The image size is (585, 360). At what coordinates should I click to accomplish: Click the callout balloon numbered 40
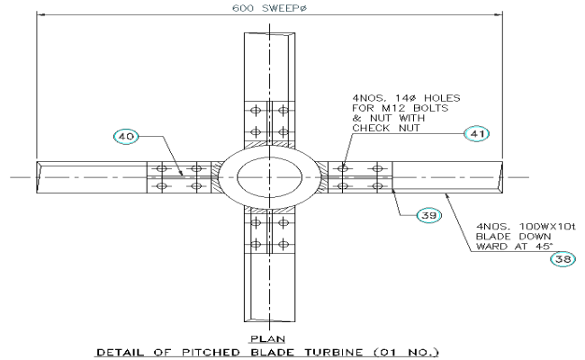point(127,137)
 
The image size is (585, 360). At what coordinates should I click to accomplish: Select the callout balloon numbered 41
point(475,133)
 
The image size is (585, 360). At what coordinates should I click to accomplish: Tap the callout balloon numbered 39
point(429,215)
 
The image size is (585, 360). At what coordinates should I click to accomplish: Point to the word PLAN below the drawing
point(266,339)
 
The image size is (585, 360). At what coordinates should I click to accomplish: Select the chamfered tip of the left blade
point(40,176)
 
